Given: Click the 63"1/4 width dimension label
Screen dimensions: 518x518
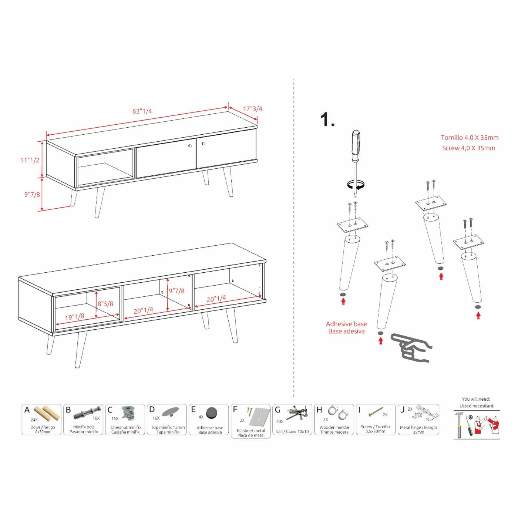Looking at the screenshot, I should coord(142,111).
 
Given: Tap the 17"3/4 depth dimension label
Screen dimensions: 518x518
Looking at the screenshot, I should coord(252,109).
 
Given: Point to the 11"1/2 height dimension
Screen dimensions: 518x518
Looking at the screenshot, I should coord(30,160).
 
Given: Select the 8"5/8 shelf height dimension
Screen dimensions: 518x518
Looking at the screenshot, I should coord(105,304).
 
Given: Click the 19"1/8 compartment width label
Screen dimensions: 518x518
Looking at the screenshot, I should coord(74,317).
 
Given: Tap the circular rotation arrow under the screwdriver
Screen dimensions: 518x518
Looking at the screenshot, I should coord(356,184).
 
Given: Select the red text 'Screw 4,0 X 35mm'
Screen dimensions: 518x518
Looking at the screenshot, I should coord(468,148).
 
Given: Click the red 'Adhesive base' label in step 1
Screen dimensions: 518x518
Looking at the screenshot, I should coord(346,324).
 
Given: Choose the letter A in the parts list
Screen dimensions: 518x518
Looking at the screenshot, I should coord(27,410).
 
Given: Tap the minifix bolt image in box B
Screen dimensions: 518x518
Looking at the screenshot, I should coord(87,413).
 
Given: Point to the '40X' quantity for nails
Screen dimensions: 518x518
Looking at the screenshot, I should coord(280,421).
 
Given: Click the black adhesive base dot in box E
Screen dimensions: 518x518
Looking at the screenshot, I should coord(212,413).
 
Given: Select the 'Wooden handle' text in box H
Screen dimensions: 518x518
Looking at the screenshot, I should coord(334,427).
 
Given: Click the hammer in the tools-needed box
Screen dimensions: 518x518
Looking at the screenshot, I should coord(459,424).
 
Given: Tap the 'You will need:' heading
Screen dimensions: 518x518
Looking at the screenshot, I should coord(476,399).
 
